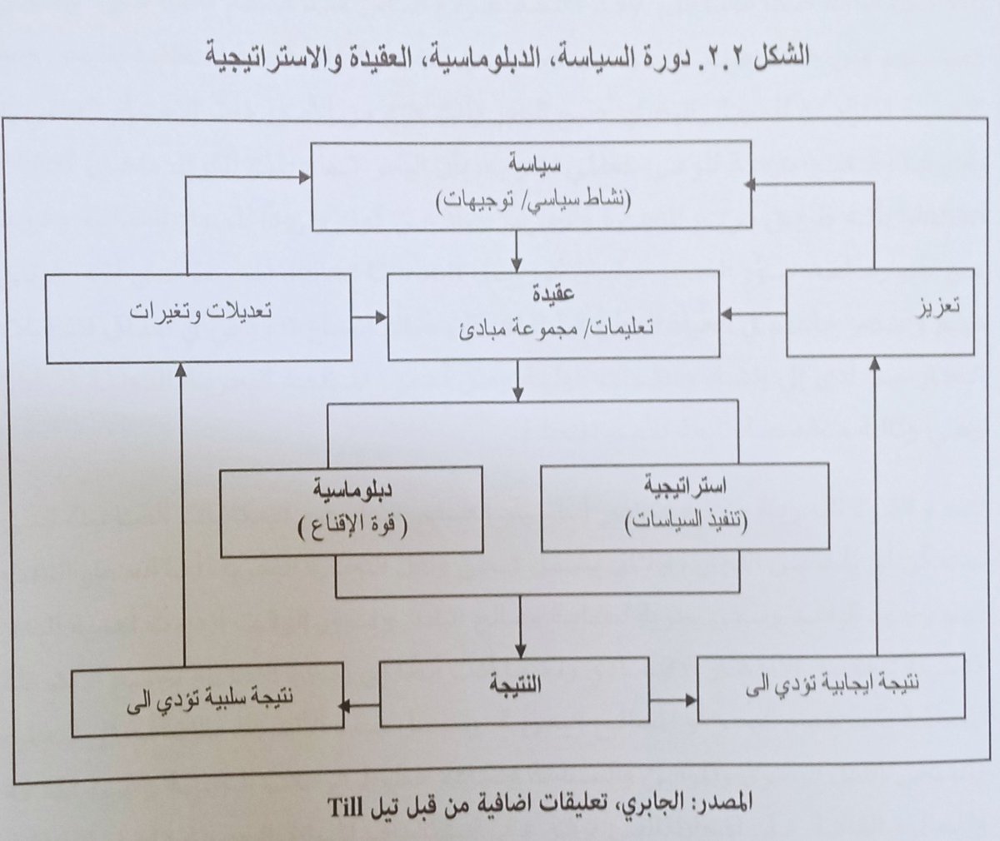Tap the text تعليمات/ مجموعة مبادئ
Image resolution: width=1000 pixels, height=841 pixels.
553,328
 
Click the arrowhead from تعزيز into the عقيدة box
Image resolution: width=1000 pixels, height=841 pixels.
726,315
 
